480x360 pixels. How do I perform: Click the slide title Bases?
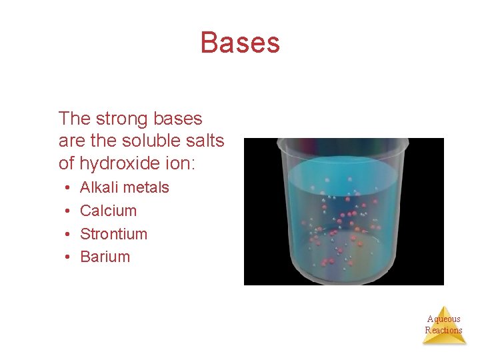tap(240, 43)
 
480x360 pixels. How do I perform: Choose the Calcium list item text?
tap(108, 211)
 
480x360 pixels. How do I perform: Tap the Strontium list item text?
tap(113, 234)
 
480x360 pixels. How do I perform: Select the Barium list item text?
tap(105, 257)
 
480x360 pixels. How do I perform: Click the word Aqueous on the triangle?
tap(444, 319)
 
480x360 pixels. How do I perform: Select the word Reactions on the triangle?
tap(444, 330)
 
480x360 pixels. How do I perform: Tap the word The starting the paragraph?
tap(75, 119)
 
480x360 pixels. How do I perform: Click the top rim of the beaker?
tap(343, 142)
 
